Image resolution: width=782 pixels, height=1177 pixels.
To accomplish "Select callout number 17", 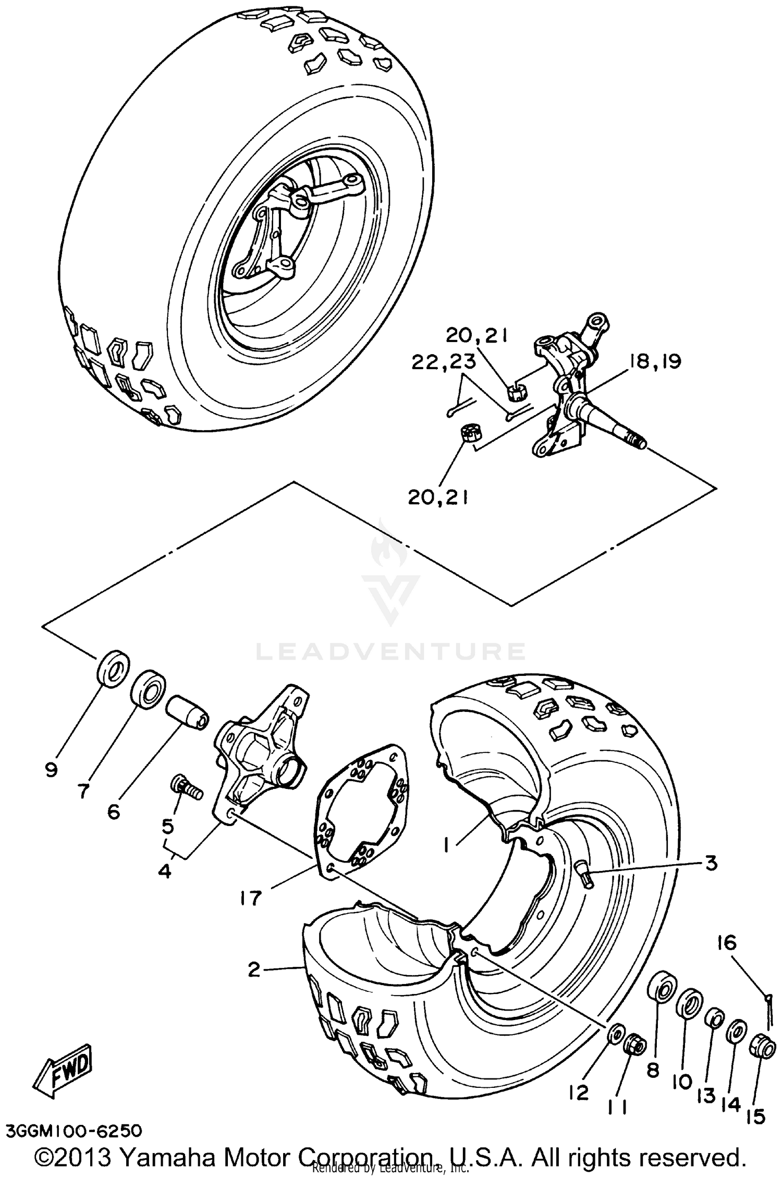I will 251,898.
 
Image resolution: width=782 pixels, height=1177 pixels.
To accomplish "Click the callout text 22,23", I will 443,362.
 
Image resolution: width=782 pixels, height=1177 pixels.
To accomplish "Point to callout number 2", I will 254,969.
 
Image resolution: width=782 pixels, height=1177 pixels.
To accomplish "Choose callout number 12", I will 579,1091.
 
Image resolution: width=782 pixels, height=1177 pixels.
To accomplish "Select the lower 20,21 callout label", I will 438,498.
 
